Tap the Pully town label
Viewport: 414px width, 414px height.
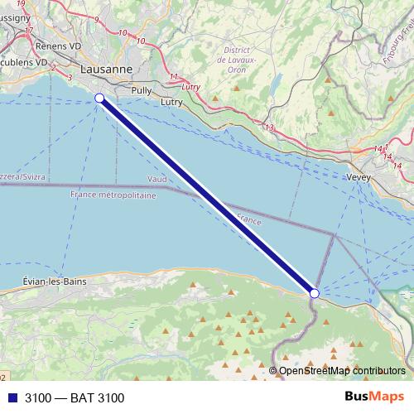tap(140, 90)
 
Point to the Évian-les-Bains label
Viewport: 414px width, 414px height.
tap(54, 282)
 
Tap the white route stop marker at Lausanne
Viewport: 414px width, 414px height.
tap(99, 98)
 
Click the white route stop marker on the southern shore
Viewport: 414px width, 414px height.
tap(315, 293)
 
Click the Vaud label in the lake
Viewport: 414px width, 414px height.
tap(158, 179)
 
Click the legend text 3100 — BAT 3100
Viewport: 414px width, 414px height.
tap(75, 398)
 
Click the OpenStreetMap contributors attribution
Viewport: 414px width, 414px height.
tap(341, 370)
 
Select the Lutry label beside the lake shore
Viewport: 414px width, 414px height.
tap(172, 102)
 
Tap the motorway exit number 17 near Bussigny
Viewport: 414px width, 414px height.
tap(29, 31)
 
